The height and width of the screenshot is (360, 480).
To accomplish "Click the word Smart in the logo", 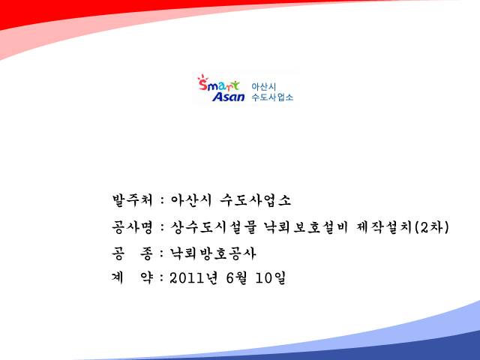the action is [218, 85].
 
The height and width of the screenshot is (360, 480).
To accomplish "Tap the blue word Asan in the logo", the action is [229, 97].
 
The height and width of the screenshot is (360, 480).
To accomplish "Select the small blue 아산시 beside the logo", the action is [264, 87].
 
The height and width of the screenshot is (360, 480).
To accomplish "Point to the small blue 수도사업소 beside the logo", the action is [272, 97].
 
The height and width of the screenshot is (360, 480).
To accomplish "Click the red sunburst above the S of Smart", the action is [202, 77].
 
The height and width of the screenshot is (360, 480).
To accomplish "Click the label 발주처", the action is [132, 200].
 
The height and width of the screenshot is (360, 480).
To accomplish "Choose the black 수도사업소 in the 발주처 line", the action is [255, 200].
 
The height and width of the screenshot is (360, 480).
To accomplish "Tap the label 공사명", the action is [132, 227].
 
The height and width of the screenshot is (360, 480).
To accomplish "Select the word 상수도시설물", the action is [213, 227].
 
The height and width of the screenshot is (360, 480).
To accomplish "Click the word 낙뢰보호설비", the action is [306, 227].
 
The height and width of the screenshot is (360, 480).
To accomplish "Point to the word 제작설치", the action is [385, 227].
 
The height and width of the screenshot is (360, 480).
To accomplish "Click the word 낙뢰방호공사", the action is [213, 253].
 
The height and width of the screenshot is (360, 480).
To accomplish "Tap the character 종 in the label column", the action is [146, 253].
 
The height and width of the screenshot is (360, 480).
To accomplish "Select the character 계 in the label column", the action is [118, 277].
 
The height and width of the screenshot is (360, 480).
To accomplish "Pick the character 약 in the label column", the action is [146, 277].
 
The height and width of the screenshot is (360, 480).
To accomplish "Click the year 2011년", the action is [193, 278].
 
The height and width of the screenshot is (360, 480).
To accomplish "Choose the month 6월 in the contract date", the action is [236, 278].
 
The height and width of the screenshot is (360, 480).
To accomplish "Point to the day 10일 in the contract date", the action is [271, 278].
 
